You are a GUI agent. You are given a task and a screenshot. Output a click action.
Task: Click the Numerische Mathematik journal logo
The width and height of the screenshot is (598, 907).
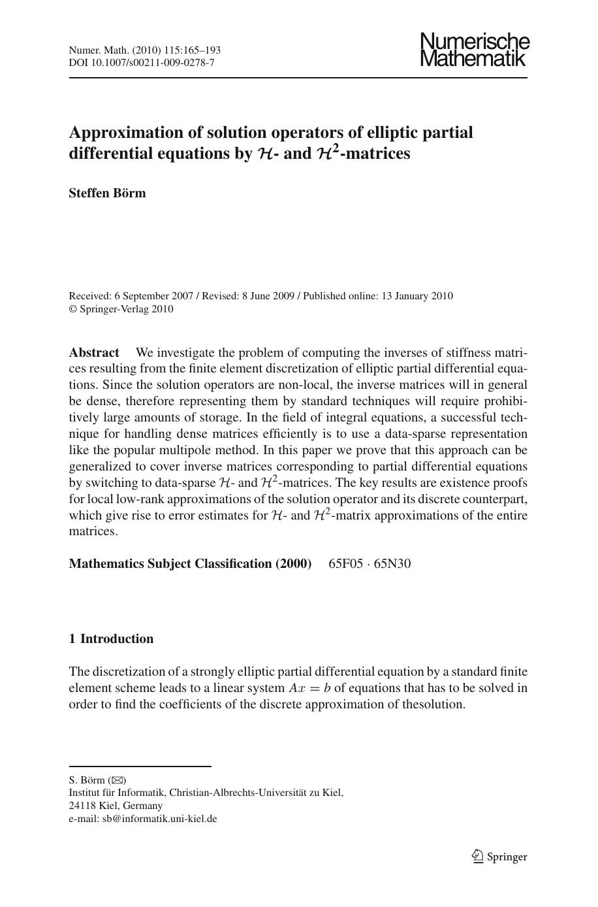point(474,50)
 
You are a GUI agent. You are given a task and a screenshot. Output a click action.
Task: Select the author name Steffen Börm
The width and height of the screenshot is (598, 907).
point(108,193)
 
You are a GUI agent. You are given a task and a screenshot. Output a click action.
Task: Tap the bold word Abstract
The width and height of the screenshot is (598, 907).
point(94,353)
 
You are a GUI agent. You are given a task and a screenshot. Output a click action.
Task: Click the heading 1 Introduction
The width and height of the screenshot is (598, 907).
point(111,639)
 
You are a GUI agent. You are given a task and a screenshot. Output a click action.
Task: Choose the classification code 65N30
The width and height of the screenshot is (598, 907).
point(392,563)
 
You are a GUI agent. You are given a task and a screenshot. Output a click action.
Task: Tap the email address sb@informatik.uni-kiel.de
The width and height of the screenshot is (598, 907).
point(159,818)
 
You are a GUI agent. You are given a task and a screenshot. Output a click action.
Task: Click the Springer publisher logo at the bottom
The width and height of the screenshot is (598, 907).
point(499,857)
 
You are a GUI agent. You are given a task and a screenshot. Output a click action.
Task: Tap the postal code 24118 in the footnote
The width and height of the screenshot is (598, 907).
point(82,805)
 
